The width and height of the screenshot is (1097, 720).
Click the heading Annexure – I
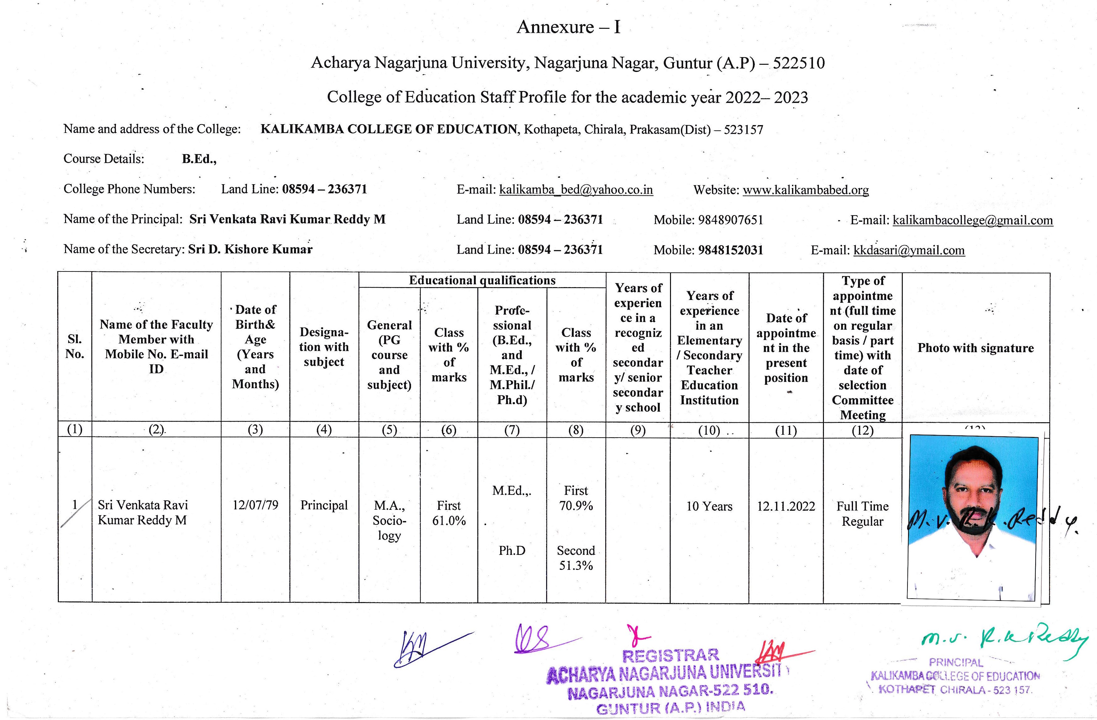[568, 27]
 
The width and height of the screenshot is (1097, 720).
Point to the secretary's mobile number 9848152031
[731, 250]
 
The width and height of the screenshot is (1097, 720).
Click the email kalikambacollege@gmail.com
[973, 220]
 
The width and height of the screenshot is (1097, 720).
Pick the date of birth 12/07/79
[255, 505]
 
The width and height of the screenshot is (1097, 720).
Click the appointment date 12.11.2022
[786, 506]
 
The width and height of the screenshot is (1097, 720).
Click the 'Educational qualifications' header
[482, 280]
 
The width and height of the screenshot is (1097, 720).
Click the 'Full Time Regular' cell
[862, 514]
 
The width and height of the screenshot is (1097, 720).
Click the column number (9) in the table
[638, 430]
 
